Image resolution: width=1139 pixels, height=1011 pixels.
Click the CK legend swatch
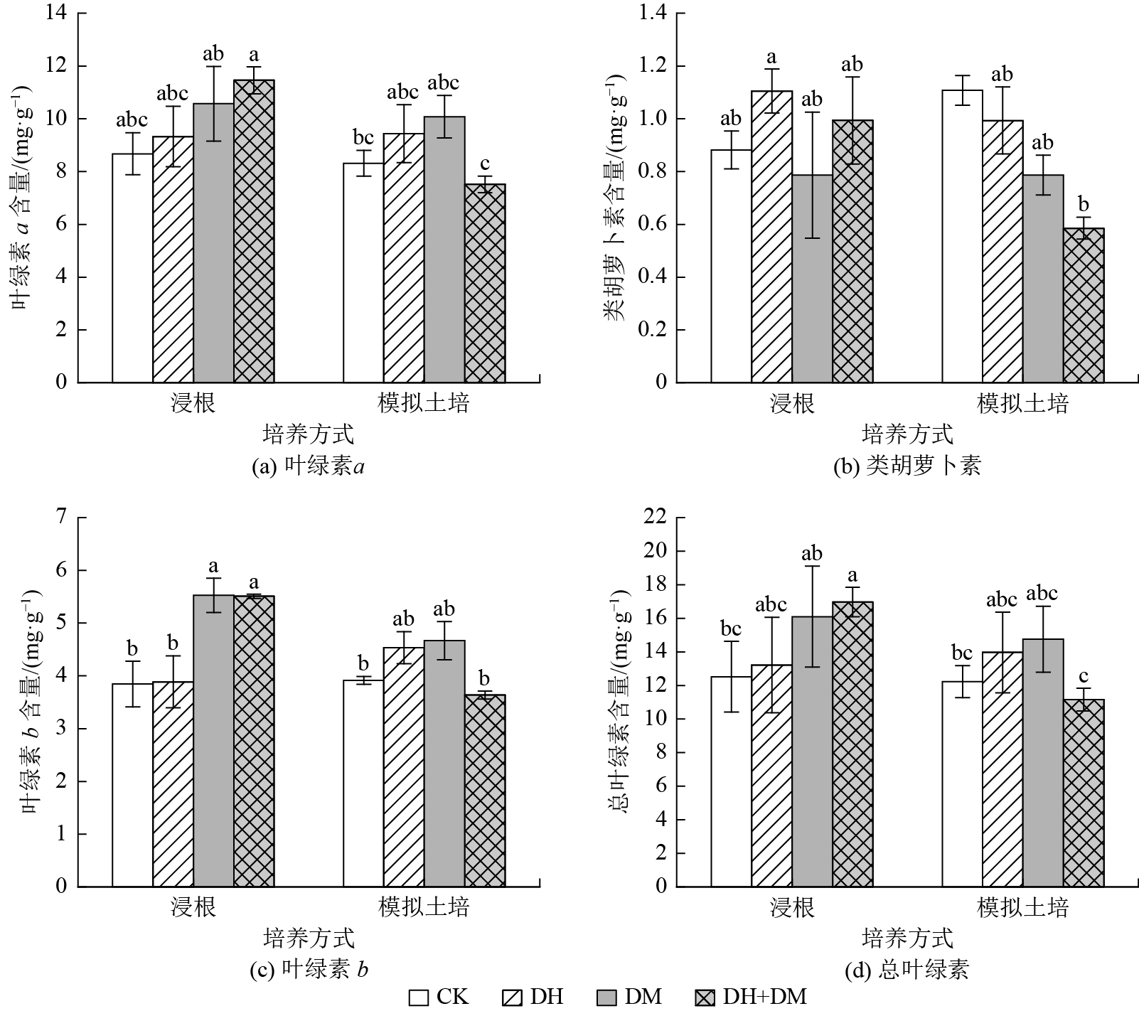tap(419, 997)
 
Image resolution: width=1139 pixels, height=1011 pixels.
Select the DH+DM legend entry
tap(751, 997)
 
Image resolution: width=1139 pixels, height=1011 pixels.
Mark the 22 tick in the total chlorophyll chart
tap(656, 517)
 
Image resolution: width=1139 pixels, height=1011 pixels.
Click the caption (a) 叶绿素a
tap(309, 466)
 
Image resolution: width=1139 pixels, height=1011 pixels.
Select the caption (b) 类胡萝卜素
tap(907, 466)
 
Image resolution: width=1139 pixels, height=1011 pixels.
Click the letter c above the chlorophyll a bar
tap(485, 164)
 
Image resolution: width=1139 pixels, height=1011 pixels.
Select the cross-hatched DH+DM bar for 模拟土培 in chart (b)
tap(1084, 306)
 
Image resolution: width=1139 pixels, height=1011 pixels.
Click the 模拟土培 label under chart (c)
tap(424, 908)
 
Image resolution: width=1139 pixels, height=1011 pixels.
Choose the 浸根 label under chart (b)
tap(792, 404)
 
